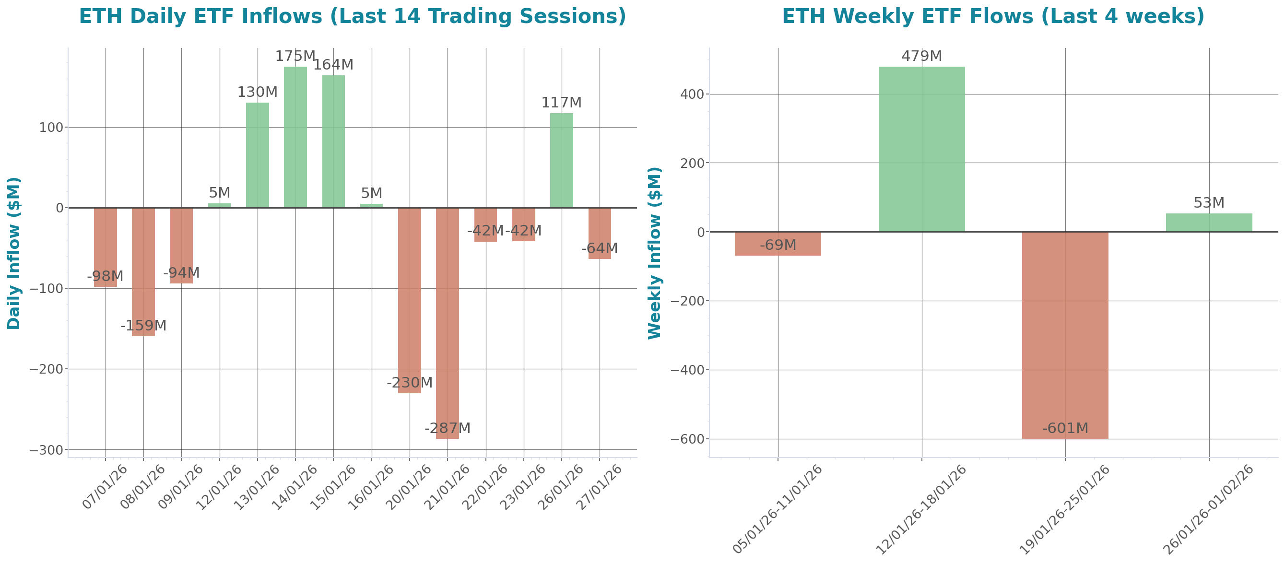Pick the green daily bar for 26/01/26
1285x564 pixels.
pyautogui.click(x=562, y=160)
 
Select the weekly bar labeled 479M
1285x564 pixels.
pyautogui.click(x=921, y=149)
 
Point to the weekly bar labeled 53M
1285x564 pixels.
pyautogui.click(x=1209, y=223)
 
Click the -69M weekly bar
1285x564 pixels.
pyautogui.click(x=778, y=244)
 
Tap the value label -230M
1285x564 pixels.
pyautogui.click(x=410, y=383)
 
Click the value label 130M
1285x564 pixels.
pyautogui.click(x=258, y=92)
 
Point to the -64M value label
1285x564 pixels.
pyautogui.click(x=600, y=248)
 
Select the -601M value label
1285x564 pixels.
pyautogui.click(x=1065, y=428)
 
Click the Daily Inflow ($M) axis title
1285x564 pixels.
pyautogui.click(x=14, y=253)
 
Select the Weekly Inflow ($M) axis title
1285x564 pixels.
pyautogui.click(x=654, y=253)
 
